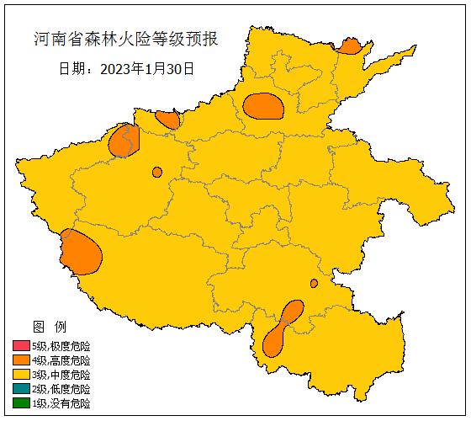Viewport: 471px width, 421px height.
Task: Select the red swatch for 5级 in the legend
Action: (21, 346)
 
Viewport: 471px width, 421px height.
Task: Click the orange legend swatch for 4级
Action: (21, 360)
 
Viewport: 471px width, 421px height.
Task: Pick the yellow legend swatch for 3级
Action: (21, 375)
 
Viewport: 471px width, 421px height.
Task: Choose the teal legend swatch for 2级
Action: (21, 389)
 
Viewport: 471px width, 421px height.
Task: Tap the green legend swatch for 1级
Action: (21, 403)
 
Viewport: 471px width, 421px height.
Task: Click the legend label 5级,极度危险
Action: (61, 346)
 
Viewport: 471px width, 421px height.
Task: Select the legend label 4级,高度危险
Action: (61, 360)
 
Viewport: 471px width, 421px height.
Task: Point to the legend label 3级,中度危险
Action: (61, 375)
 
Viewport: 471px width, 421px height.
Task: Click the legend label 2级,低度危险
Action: (61, 389)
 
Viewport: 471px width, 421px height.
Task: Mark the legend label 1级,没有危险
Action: (61, 403)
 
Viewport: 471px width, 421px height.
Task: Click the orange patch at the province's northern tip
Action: (348, 45)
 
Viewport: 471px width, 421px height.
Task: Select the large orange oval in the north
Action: (264, 106)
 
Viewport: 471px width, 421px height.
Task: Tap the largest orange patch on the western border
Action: (81, 253)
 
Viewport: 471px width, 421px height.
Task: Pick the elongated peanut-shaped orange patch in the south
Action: (283, 328)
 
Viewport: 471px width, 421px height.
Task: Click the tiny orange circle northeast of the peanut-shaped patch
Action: (314, 283)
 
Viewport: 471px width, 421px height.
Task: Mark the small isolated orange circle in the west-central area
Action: (157, 172)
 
